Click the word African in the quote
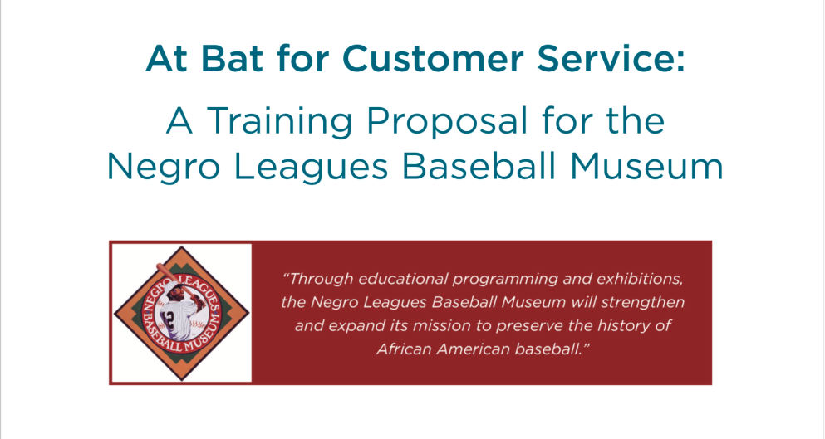click(402, 349)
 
